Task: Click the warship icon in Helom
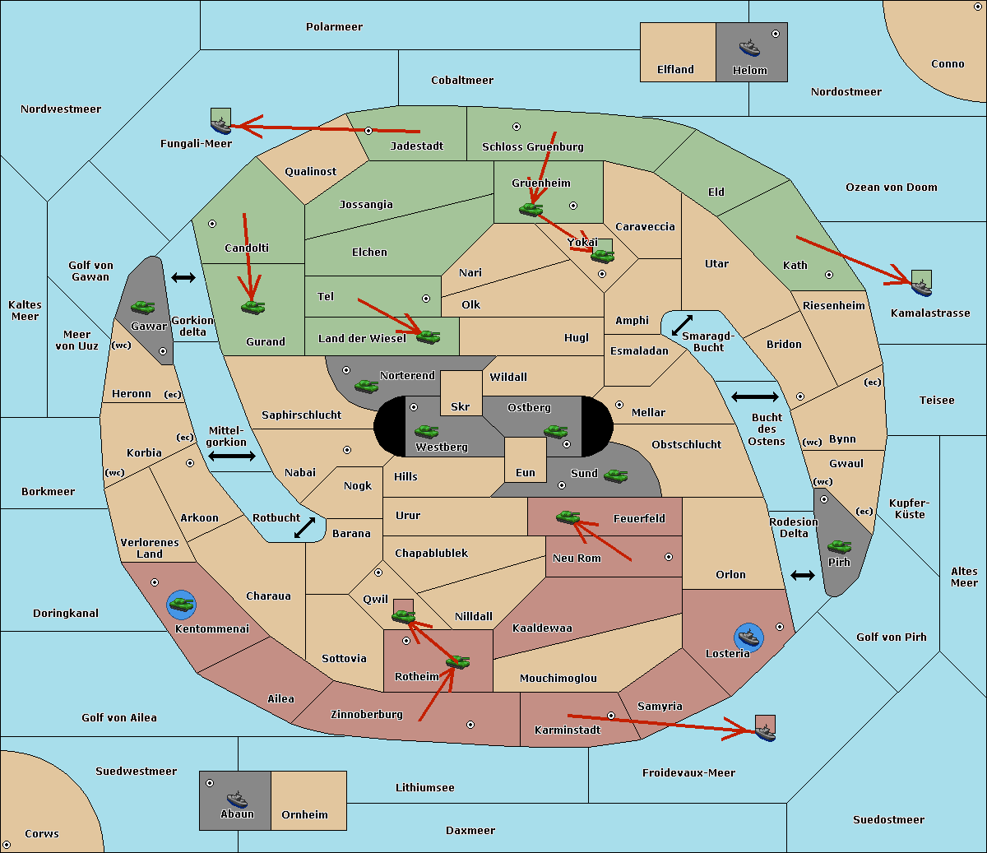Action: pyautogui.click(x=749, y=48)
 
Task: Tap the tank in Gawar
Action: pyautogui.click(x=143, y=307)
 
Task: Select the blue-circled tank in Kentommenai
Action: pyautogui.click(x=182, y=605)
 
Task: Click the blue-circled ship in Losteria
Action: pyautogui.click(x=748, y=637)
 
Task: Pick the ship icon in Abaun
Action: pyautogui.click(x=238, y=799)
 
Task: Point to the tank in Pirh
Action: pyautogui.click(x=840, y=546)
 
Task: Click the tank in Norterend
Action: pyautogui.click(x=366, y=386)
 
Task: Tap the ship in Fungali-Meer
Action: pyautogui.click(x=221, y=125)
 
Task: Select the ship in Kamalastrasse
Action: pyautogui.click(x=921, y=288)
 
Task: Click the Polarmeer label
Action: pyautogui.click(x=334, y=27)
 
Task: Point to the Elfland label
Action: pyautogui.click(x=675, y=70)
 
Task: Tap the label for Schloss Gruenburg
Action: pyautogui.click(x=533, y=146)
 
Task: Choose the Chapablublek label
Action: pyautogui.click(x=431, y=553)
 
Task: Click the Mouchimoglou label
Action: pyautogui.click(x=558, y=678)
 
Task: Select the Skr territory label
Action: pyautogui.click(x=461, y=406)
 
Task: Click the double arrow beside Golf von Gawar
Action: pyautogui.click(x=183, y=277)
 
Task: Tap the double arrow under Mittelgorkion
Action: pyautogui.click(x=232, y=456)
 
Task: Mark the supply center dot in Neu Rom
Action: pyautogui.click(x=669, y=557)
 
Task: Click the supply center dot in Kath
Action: pyautogui.click(x=829, y=275)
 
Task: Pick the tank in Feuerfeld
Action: pyautogui.click(x=568, y=517)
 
